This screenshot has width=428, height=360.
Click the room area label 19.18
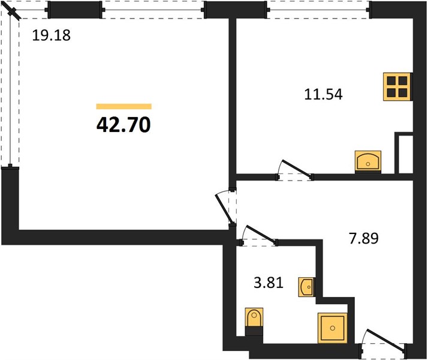click(52, 35)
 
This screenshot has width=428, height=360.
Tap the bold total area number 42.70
click(123, 124)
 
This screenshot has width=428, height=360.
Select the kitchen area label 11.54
click(323, 94)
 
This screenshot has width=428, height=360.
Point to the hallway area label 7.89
click(364, 238)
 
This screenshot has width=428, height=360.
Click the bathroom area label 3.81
click(269, 283)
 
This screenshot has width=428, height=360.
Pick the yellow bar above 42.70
click(124, 107)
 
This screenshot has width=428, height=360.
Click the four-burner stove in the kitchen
click(397, 86)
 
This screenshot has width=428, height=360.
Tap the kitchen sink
click(368, 161)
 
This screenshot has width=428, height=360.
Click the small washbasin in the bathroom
click(306, 287)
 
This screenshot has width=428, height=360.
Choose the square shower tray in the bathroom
click(333, 328)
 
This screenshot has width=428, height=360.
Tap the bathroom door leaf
click(261, 234)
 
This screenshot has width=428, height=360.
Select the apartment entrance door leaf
click(385, 340)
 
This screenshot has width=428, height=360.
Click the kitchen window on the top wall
click(318, 10)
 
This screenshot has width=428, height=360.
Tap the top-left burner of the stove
click(391, 81)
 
